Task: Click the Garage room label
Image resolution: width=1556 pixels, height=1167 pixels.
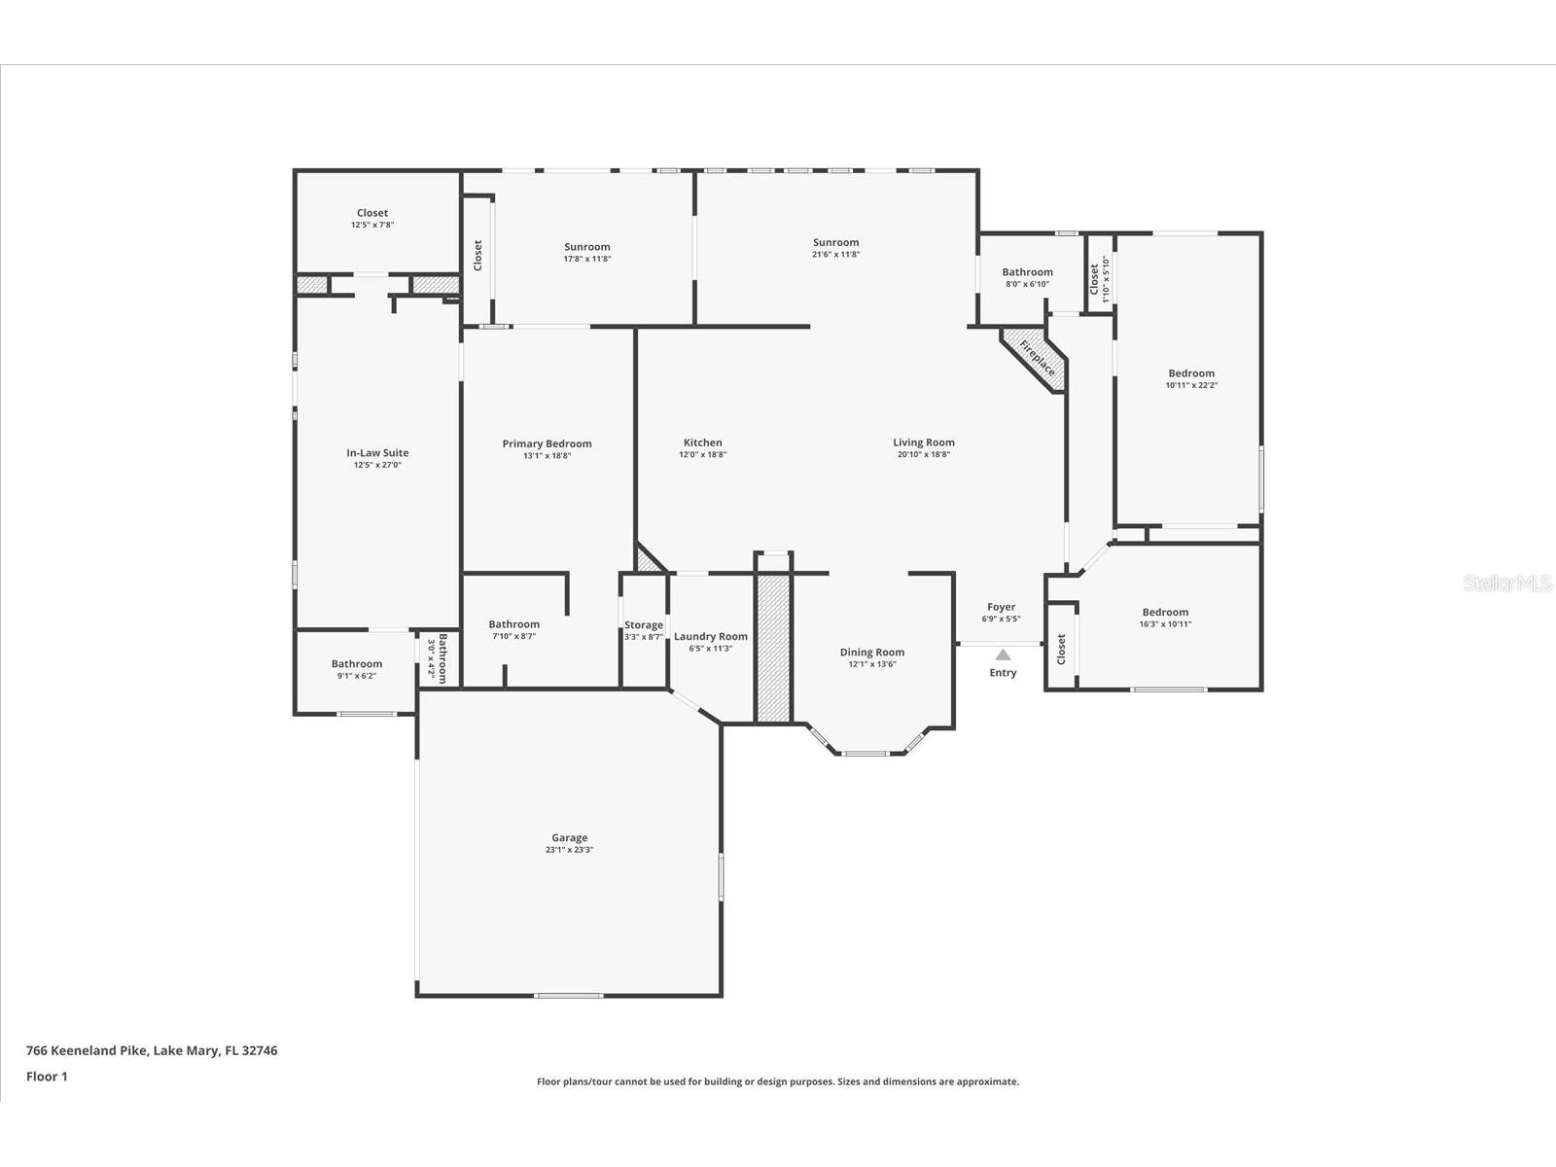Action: (x=569, y=837)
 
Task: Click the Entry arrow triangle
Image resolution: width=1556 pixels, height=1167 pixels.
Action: (x=1003, y=655)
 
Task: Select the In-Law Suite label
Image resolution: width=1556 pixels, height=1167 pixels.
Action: (x=377, y=452)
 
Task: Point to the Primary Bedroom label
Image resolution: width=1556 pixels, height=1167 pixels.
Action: (x=547, y=443)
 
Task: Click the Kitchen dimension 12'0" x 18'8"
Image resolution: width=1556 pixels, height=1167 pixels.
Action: (x=702, y=455)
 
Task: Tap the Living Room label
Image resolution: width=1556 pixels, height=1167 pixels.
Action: (x=924, y=442)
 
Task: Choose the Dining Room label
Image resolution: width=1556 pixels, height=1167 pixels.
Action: (x=872, y=653)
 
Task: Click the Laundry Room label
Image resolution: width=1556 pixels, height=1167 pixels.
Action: (x=711, y=636)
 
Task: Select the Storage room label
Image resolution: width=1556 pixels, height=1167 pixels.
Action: (x=644, y=625)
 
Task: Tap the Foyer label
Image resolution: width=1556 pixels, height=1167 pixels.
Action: (x=1001, y=607)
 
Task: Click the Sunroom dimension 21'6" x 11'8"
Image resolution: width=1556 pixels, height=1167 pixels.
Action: (x=836, y=255)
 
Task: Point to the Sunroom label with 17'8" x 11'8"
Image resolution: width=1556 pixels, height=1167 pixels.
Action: (x=587, y=247)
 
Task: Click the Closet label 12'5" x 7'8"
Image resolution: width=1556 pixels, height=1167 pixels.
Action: (x=372, y=213)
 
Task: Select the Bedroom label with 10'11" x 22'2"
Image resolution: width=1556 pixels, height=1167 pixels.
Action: (x=1191, y=373)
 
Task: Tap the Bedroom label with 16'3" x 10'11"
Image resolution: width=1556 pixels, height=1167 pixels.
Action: (x=1165, y=613)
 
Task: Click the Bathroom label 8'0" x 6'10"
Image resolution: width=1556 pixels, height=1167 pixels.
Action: (x=1027, y=272)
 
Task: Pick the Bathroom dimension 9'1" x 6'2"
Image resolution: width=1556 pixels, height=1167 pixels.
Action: (x=356, y=676)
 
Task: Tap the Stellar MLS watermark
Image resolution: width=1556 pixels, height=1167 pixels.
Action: (x=1508, y=583)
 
